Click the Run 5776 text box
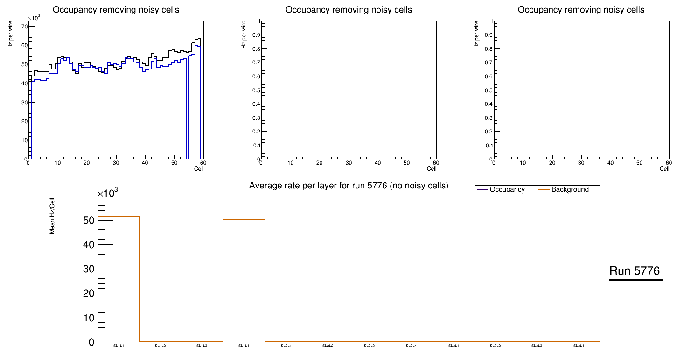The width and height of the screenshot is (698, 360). tap(635, 270)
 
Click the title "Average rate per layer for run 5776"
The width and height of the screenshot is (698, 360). tap(349, 186)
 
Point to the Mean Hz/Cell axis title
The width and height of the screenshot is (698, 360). tap(52, 219)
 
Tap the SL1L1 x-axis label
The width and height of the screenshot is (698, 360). tap(119, 346)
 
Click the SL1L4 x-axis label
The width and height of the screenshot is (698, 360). tap(244, 346)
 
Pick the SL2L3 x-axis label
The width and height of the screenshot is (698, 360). tap(370, 346)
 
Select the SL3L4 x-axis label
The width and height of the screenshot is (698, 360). tap(579, 346)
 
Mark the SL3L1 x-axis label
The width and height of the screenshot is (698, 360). tap(454, 346)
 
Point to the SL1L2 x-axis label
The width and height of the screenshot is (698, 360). tap(161, 346)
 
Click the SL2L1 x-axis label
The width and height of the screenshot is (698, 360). tap(286, 346)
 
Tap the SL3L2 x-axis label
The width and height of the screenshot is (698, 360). tap(495, 346)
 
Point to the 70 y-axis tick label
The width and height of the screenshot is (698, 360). tap(24, 27)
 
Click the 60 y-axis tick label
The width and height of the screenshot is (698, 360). tap(24, 45)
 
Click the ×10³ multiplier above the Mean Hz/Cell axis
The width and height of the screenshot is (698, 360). tap(108, 193)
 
